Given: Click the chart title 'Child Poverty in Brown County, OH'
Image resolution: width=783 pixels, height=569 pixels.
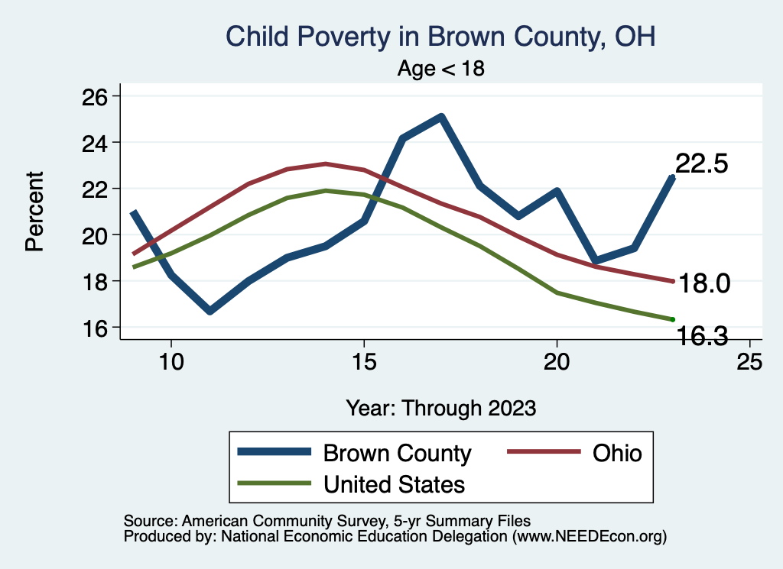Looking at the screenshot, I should pyautogui.click(x=440, y=37).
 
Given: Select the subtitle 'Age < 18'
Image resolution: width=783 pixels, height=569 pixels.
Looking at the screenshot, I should pyautogui.click(x=441, y=68).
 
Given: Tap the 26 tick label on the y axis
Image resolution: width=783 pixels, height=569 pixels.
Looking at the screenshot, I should pyautogui.click(x=95, y=96).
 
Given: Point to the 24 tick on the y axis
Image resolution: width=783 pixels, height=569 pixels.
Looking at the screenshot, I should pyautogui.click(x=95, y=143).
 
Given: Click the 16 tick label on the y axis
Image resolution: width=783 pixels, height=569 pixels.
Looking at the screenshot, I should pyautogui.click(x=95, y=328).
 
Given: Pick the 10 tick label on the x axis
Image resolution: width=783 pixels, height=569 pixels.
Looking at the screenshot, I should pyautogui.click(x=171, y=362).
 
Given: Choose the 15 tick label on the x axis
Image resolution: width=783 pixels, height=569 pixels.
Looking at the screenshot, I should pyautogui.click(x=364, y=362).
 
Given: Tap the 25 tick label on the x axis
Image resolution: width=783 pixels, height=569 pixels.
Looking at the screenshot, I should pyautogui.click(x=749, y=362).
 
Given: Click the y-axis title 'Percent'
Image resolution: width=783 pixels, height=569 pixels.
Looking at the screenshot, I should pyautogui.click(x=34, y=212).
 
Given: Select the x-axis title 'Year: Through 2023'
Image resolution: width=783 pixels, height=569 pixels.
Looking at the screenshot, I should pyautogui.click(x=440, y=407).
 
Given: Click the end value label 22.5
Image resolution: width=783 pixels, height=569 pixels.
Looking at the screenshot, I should pyautogui.click(x=700, y=163).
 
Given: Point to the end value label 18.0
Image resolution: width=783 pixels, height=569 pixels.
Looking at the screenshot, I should pyautogui.click(x=705, y=283).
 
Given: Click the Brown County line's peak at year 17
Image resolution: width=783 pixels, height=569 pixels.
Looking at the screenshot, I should pyautogui.click(x=441, y=117).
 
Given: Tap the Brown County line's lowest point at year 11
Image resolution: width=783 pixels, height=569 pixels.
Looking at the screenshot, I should pyautogui.click(x=210, y=311).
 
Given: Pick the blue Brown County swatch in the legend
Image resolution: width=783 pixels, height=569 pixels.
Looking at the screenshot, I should pyautogui.click(x=275, y=453).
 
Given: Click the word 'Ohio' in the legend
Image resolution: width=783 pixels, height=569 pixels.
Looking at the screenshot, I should pyautogui.click(x=617, y=453).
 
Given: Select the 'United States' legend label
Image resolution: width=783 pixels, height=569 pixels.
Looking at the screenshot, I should pyautogui.click(x=394, y=484).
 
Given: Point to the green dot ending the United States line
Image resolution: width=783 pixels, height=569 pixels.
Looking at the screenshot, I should pyautogui.click(x=672, y=319).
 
